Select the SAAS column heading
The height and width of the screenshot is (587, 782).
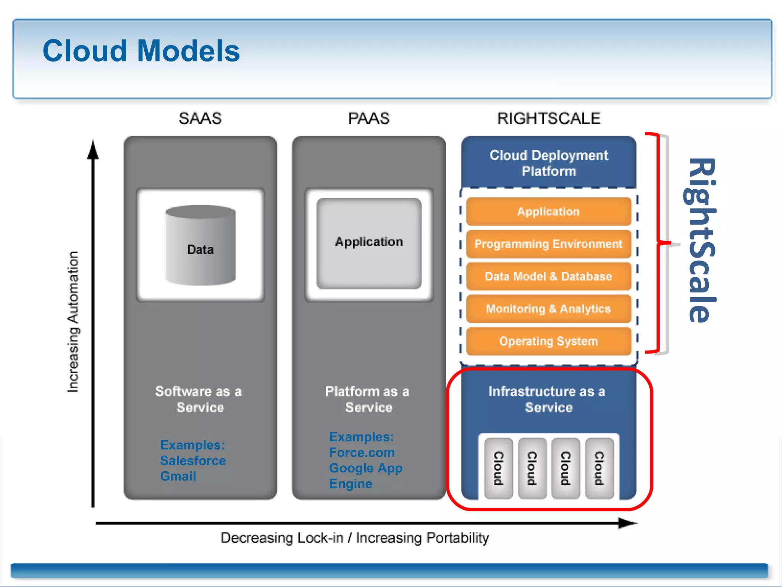pos(200,118)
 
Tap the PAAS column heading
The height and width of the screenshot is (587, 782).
pos(368,118)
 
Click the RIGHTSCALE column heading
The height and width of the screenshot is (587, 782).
pos(548,118)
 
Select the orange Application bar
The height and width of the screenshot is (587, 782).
pos(548,211)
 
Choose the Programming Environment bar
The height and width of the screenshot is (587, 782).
pos(548,244)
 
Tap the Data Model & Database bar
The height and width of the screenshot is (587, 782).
pos(548,276)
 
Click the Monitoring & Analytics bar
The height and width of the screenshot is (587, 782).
pos(548,309)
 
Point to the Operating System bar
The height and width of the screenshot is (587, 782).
pos(548,341)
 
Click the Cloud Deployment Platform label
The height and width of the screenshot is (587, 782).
pos(549,163)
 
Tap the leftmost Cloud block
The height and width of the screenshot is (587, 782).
pos(498,468)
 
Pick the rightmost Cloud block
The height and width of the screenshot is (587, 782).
pos(599,468)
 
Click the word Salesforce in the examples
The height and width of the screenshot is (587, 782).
pos(193,461)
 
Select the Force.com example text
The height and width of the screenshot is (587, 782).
pos(362,452)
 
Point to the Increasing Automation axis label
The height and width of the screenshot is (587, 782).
pos(73,322)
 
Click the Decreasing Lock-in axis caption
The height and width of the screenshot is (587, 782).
pos(354,538)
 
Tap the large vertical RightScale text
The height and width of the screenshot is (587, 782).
pos(701,241)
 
